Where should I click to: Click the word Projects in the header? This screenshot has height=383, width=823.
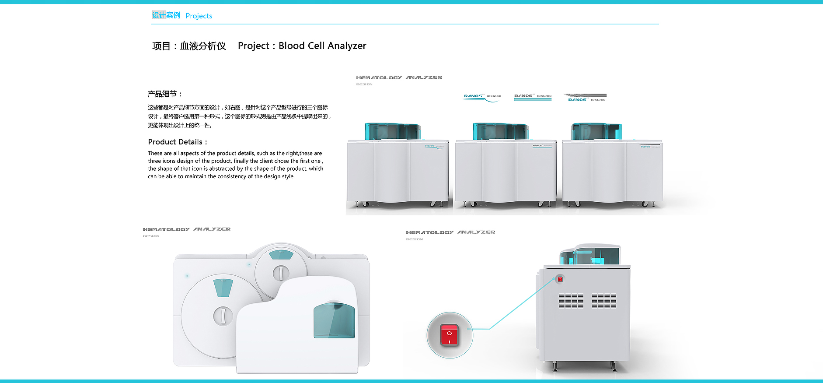click(x=199, y=16)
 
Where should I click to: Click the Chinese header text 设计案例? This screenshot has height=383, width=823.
click(x=166, y=15)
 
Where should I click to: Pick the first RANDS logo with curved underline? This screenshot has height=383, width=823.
click(x=482, y=97)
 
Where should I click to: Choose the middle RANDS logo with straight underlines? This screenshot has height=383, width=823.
click(x=533, y=97)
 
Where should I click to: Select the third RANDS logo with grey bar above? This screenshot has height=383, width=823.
click(x=585, y=98)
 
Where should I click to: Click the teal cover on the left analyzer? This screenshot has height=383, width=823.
click(x=392, y=132)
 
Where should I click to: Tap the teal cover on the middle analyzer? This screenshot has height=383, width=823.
click(x=500, y=132)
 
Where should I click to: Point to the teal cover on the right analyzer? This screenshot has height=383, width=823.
click(x=596, y=132)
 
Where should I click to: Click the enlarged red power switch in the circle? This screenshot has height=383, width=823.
click(x=450, y=335)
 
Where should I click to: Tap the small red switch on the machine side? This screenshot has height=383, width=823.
click(x=560, y=279)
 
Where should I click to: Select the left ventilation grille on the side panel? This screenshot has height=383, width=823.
click(x=571, y=301)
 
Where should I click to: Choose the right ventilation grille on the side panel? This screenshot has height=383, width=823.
click(x=604, y=301)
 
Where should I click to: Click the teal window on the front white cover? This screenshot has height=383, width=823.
click(x=334, y=320)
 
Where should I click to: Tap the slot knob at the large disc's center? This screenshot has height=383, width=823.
click(x=223, y=316)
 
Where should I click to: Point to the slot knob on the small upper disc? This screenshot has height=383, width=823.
click(x=281, y=273)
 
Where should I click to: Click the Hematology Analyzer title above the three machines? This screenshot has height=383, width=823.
click(x=399, y=77)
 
